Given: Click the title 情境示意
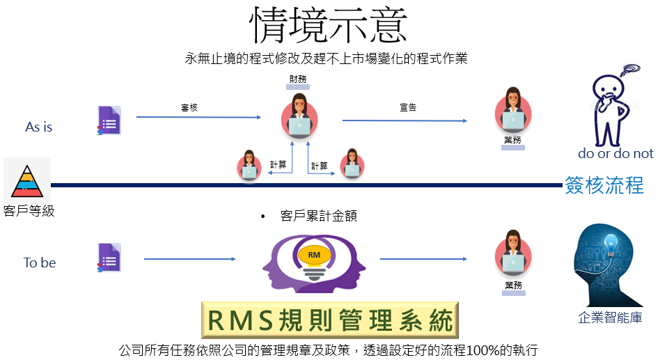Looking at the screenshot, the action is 329,25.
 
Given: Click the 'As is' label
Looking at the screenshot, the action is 39,127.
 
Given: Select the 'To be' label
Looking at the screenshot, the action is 40,263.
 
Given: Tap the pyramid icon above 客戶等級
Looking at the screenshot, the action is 27,182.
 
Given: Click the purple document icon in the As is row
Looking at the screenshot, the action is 109,120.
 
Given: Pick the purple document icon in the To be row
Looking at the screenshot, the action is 109,258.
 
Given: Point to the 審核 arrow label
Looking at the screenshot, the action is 189,108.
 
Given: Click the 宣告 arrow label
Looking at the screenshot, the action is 408,108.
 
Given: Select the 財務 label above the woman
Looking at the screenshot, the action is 297,79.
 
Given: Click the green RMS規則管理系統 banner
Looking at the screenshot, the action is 330,320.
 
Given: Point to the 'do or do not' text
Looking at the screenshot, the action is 616,153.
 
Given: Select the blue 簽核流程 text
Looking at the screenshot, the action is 604,185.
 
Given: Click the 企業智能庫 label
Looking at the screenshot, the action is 610,317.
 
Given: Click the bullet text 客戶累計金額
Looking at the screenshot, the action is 319,216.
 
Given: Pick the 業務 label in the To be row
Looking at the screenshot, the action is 514,285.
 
